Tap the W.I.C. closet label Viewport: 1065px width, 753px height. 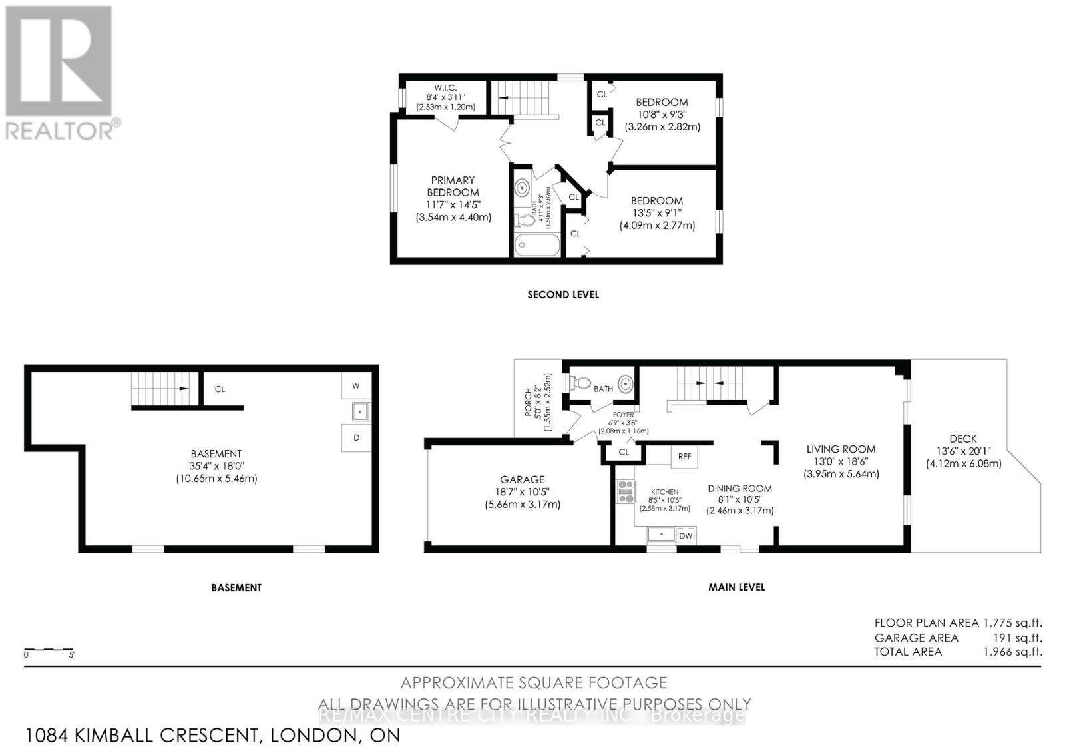tap(445, 88)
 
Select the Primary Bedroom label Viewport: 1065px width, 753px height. tap(453, 186)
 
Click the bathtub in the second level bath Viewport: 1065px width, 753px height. tap(537, 246)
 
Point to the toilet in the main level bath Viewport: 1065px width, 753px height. tap(580, 383)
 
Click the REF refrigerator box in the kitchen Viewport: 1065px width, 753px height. tap(684, 456)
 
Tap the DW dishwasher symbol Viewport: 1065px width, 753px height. tap(686, 535)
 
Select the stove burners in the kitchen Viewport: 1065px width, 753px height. tap(626, 491)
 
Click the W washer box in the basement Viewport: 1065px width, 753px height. tap(356, 386)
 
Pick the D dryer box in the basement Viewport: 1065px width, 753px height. tap(356, 438)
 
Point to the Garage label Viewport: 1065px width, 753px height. tap(523, 479)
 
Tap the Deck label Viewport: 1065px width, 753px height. tap(963, 439)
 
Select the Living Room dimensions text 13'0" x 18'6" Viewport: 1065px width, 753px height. tap(841, 461)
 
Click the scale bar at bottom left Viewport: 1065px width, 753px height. tap(49, 650)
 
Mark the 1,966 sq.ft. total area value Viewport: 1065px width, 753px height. tap(1012, 652)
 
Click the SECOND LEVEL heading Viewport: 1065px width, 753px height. tap(563, 294)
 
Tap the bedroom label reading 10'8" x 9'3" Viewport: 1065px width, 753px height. tap(662, 114)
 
